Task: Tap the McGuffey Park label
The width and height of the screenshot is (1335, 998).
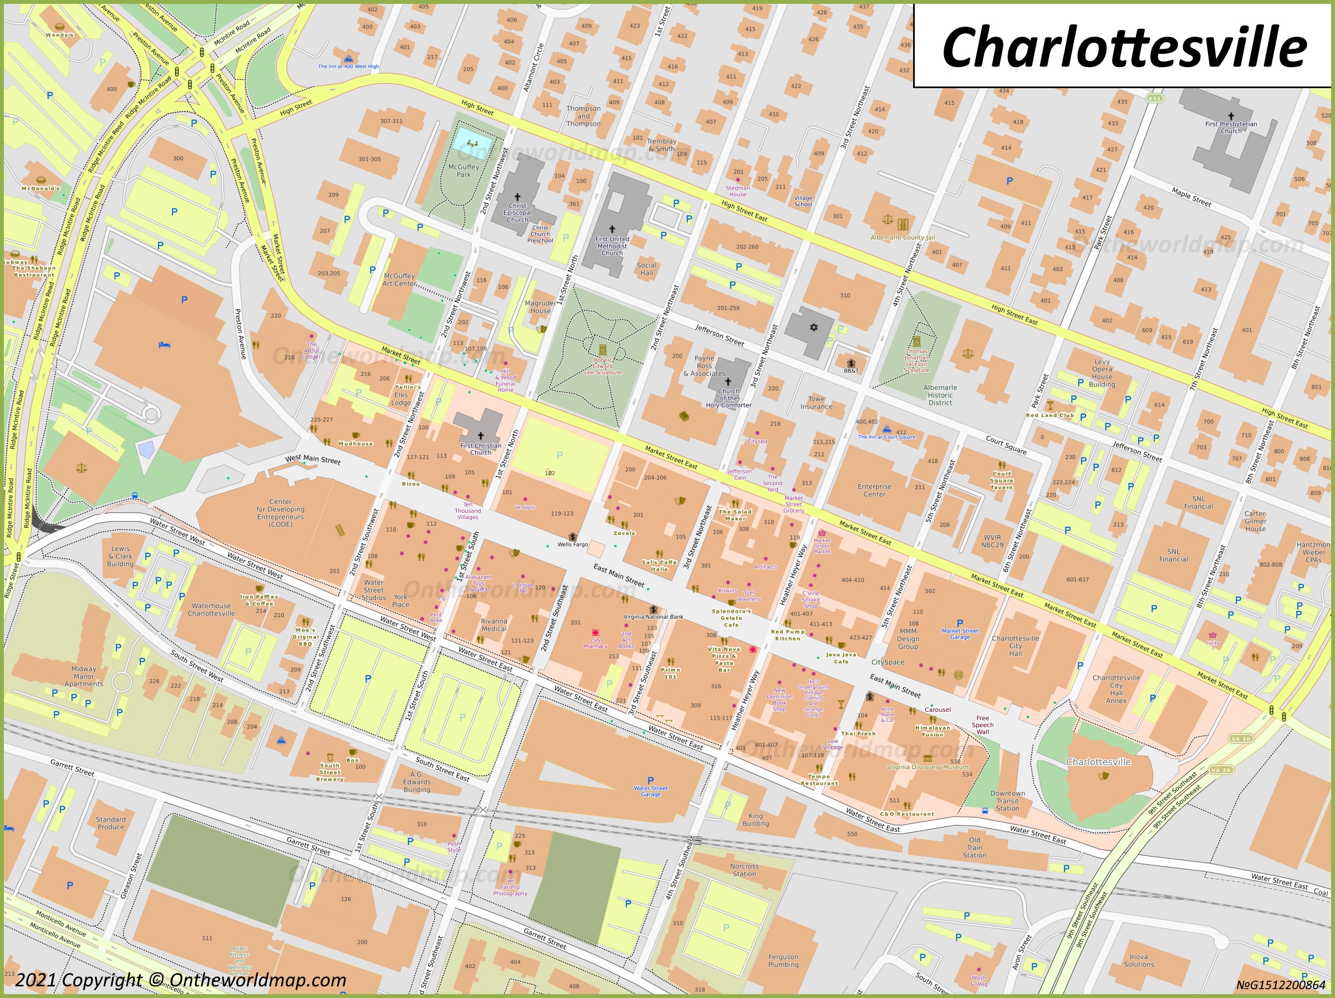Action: click(x=463, y=171)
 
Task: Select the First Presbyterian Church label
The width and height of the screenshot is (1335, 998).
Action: click(x=1231, y=128)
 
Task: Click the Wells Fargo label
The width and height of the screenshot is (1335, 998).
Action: click(x=572, y=544)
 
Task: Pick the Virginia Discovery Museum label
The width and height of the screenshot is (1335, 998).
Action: click(x=927, y=767)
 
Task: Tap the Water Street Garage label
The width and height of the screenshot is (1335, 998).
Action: click(x=651, y=791)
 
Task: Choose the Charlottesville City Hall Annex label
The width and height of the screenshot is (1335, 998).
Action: click(x=1116, y=689)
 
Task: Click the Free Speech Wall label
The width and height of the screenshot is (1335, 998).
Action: click(x=982, y=725)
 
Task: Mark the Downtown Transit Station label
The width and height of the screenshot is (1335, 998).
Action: click(x=1007, y=801)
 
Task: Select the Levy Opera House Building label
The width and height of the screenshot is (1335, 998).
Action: click(x=1102, y=373)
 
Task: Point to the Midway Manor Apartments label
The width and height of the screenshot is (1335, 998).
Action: click(x=83, y=676)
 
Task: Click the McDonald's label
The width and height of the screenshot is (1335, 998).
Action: click(x=40, y=189)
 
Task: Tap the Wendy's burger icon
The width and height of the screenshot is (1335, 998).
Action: click(x=59, y=26)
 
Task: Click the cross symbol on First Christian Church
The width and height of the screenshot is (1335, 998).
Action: click(x=481, y=435)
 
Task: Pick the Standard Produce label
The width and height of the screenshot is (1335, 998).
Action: click(x=111, y=823)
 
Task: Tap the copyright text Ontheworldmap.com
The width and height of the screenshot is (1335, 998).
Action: click(x=181, y=980)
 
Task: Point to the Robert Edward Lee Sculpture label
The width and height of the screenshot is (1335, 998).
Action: click(x=602, y=366)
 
